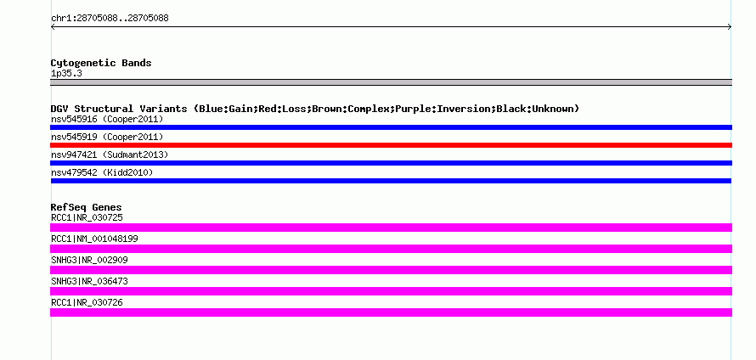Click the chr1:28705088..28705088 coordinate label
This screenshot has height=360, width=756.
pyautogui.click(x=110, y=19)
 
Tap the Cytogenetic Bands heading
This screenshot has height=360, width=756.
pyautogui.click(x=101, y=63)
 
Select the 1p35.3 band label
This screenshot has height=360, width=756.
pyautogui.click(x=66, y=74)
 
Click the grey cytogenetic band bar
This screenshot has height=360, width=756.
pyautogui.click(x=391, y=82)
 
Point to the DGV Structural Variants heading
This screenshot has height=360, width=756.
pyautogui.click(x=315, y=109)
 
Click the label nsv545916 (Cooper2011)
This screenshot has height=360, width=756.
pyautogui.click(x=107, y=119)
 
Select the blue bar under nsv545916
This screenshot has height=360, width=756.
pyautogui.click(x=391, y=127)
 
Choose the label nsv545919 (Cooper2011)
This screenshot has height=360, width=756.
pyautogui.click(x=107, y=137)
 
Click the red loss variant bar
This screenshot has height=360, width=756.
pyautogui.click(x=391, y=145)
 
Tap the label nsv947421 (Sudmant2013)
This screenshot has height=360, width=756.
pyautogui.click(x=110, y=155)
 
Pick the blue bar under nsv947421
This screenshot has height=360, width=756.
pyautogui.click(x=391, y=163)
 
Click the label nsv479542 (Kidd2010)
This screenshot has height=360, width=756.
pyautogui.click(x=102, y=172)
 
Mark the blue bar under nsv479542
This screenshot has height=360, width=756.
pyautogui.click(x=391, y=181)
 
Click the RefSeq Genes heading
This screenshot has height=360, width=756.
pyautogui.click(x=87, y=208)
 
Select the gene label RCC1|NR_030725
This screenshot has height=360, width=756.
pyautogui.click(x=87, y=218)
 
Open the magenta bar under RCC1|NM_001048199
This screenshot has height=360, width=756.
pyautogui.click(x=391, y=249)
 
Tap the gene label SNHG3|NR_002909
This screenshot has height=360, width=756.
pyautogui.click(x=89, y=261)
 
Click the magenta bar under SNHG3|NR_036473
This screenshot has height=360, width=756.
pyautogui.click(x=391, y=291)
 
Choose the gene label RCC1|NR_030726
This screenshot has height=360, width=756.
pyautogui.click(x=87, y=302)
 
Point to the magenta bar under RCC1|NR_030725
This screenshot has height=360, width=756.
pyautogui.click(x=391, y=228)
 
